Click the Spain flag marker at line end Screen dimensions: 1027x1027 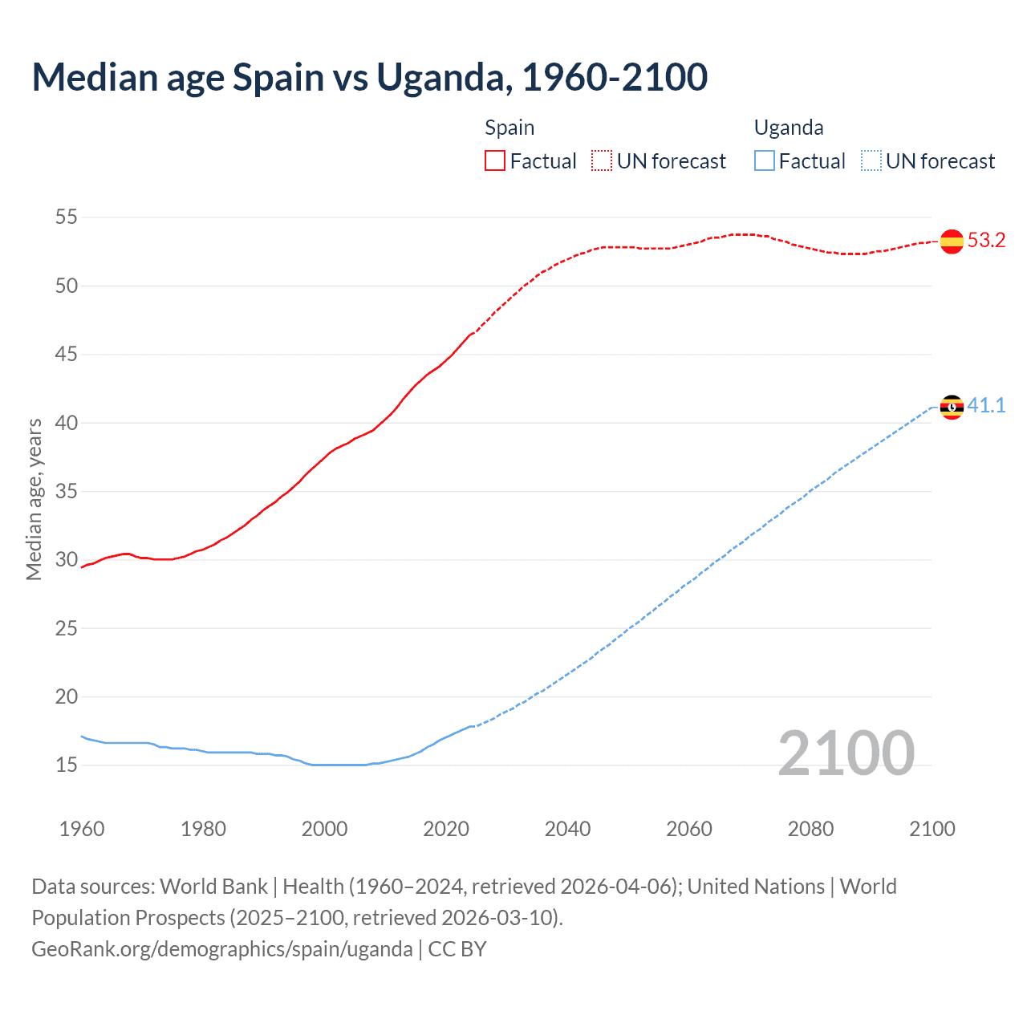click(x=952, y=241)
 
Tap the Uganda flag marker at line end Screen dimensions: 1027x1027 click(x=952, y=407)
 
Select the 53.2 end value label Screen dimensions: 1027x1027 click(x=986, y=241)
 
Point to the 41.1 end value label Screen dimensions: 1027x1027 click(x=986, y=405)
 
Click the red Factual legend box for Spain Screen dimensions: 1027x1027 click(x=495, y=161)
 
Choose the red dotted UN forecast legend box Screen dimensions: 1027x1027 click(x=602, y=161)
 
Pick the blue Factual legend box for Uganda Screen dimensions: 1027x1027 click(x=765, y=161)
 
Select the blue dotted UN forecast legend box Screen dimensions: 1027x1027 click(x=871, y=161)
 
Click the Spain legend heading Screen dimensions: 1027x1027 click(x=509, y=128)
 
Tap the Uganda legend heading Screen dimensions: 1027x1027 click(x=789, y=128)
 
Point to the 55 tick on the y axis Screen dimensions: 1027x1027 click(x=67, y=217)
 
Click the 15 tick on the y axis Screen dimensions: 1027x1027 click(x=67, y=765)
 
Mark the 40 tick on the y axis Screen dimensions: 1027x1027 click(x=67, y=423)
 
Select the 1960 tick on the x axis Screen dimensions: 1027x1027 click(x=82, y=829)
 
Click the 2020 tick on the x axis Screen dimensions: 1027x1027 click(x=446, y=829)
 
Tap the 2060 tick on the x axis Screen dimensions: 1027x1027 click(x=689, y=829)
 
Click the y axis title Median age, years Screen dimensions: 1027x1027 click(x=34, y=499)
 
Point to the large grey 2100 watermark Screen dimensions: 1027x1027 click(x=846, y=753)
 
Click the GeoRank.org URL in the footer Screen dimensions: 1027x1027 click(x=221, y=949)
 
